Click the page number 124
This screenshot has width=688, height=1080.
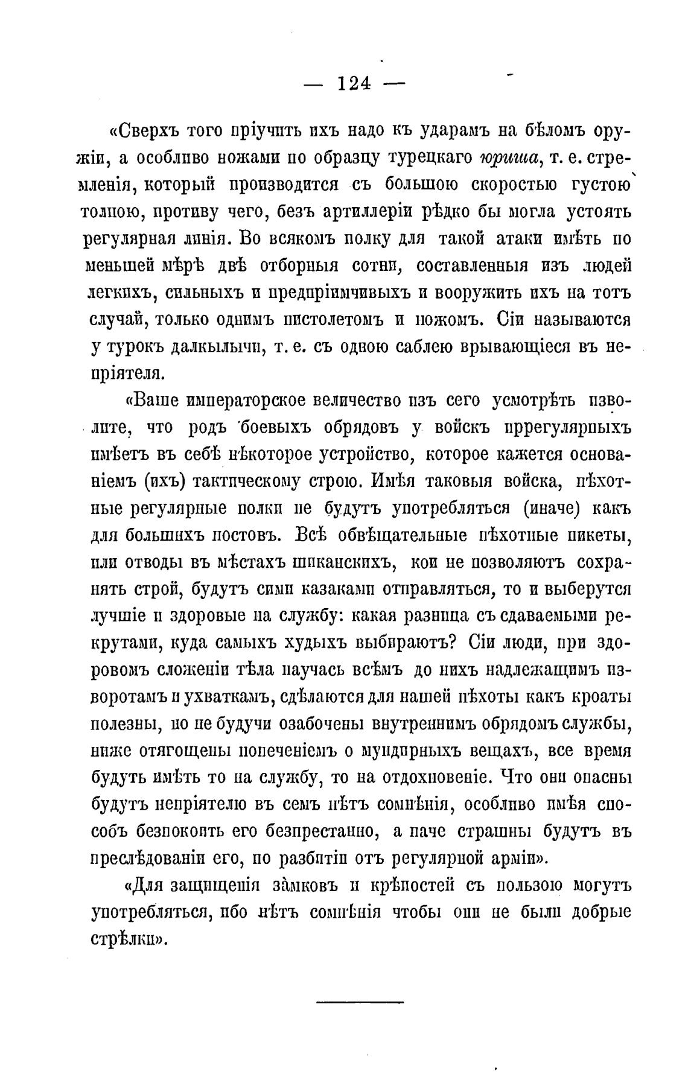coord(354,83)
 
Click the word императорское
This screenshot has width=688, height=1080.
coord(246,401)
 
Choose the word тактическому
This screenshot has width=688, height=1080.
coord(253,481)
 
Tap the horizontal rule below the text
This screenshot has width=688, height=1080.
coord(359,1003)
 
